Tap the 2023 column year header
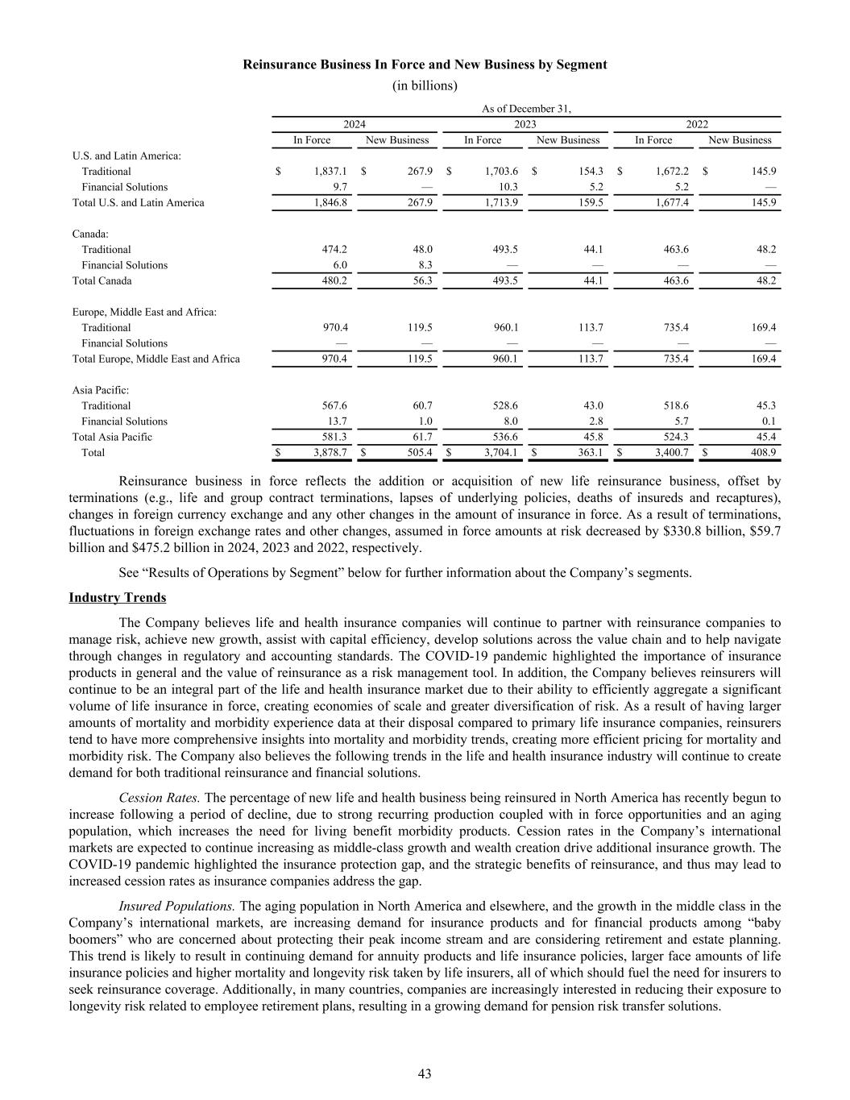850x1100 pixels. pyautogui.click(x=525, y=124)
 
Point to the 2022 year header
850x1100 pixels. pyautogui.click(x=697, y=124)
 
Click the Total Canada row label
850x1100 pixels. pyautogui.click(x=102, y=281)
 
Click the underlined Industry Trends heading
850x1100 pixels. pyautogui.click(x=118, y=598)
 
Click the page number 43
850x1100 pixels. pyautogui.click(x=425, y=1073)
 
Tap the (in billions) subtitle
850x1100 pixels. pyautogui.click(x=425, y=85)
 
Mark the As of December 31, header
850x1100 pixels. pyautogui.click(x=526, y=109)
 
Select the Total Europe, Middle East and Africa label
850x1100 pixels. pyautogui.click(x=156, y=359)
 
